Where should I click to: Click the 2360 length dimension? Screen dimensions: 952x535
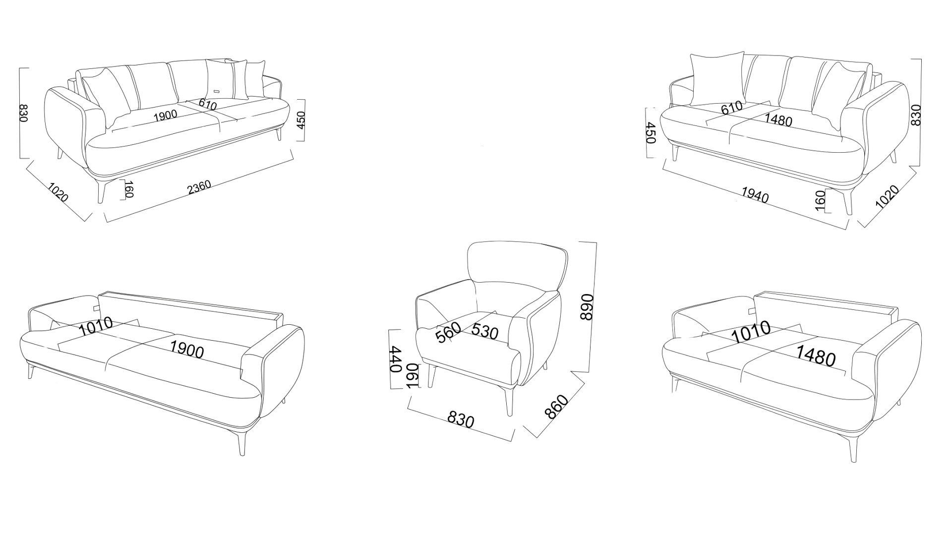(x=199, y=187)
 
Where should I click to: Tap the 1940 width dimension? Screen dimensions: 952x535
(x=755, y=195)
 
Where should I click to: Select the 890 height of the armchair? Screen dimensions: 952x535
(x=587, y=307)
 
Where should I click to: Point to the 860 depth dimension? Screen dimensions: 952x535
(x=556, y=407)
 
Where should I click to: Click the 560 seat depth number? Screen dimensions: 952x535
(x=448, y=332)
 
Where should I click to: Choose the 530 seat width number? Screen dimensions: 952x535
(x=485, y=331)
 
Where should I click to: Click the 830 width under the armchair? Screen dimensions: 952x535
(x=461, y=420)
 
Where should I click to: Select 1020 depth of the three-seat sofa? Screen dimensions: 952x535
(x=58, y=192)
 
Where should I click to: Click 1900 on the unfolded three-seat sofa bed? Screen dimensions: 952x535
(x=187, y=350)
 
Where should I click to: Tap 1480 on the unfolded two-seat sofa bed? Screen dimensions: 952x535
(x=816, y=356)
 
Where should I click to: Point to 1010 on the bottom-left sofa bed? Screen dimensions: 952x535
(x=96, y=326)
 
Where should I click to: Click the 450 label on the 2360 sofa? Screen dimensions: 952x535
(x=301, y=119)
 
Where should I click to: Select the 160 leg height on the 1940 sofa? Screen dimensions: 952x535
(x=820, y=200)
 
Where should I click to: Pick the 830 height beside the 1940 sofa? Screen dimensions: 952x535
(x=916, y=115)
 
